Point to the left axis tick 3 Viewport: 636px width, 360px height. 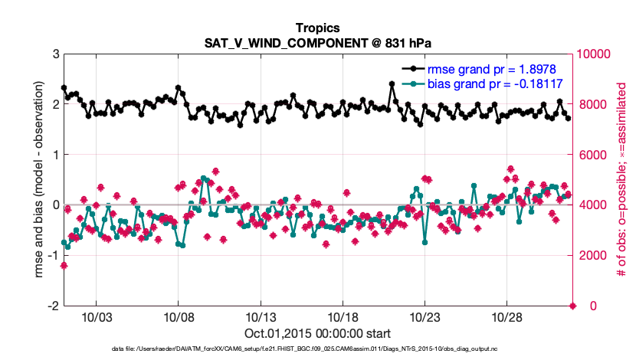(55, 54)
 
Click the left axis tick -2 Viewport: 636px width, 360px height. (53, 306)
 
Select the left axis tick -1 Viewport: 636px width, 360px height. (53, 255)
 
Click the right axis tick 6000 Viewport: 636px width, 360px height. (590, 155)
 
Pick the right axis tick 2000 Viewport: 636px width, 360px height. (590, 255)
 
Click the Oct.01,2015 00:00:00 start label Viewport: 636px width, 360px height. (318, 333)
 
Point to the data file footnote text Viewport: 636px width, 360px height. (318, 349)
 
